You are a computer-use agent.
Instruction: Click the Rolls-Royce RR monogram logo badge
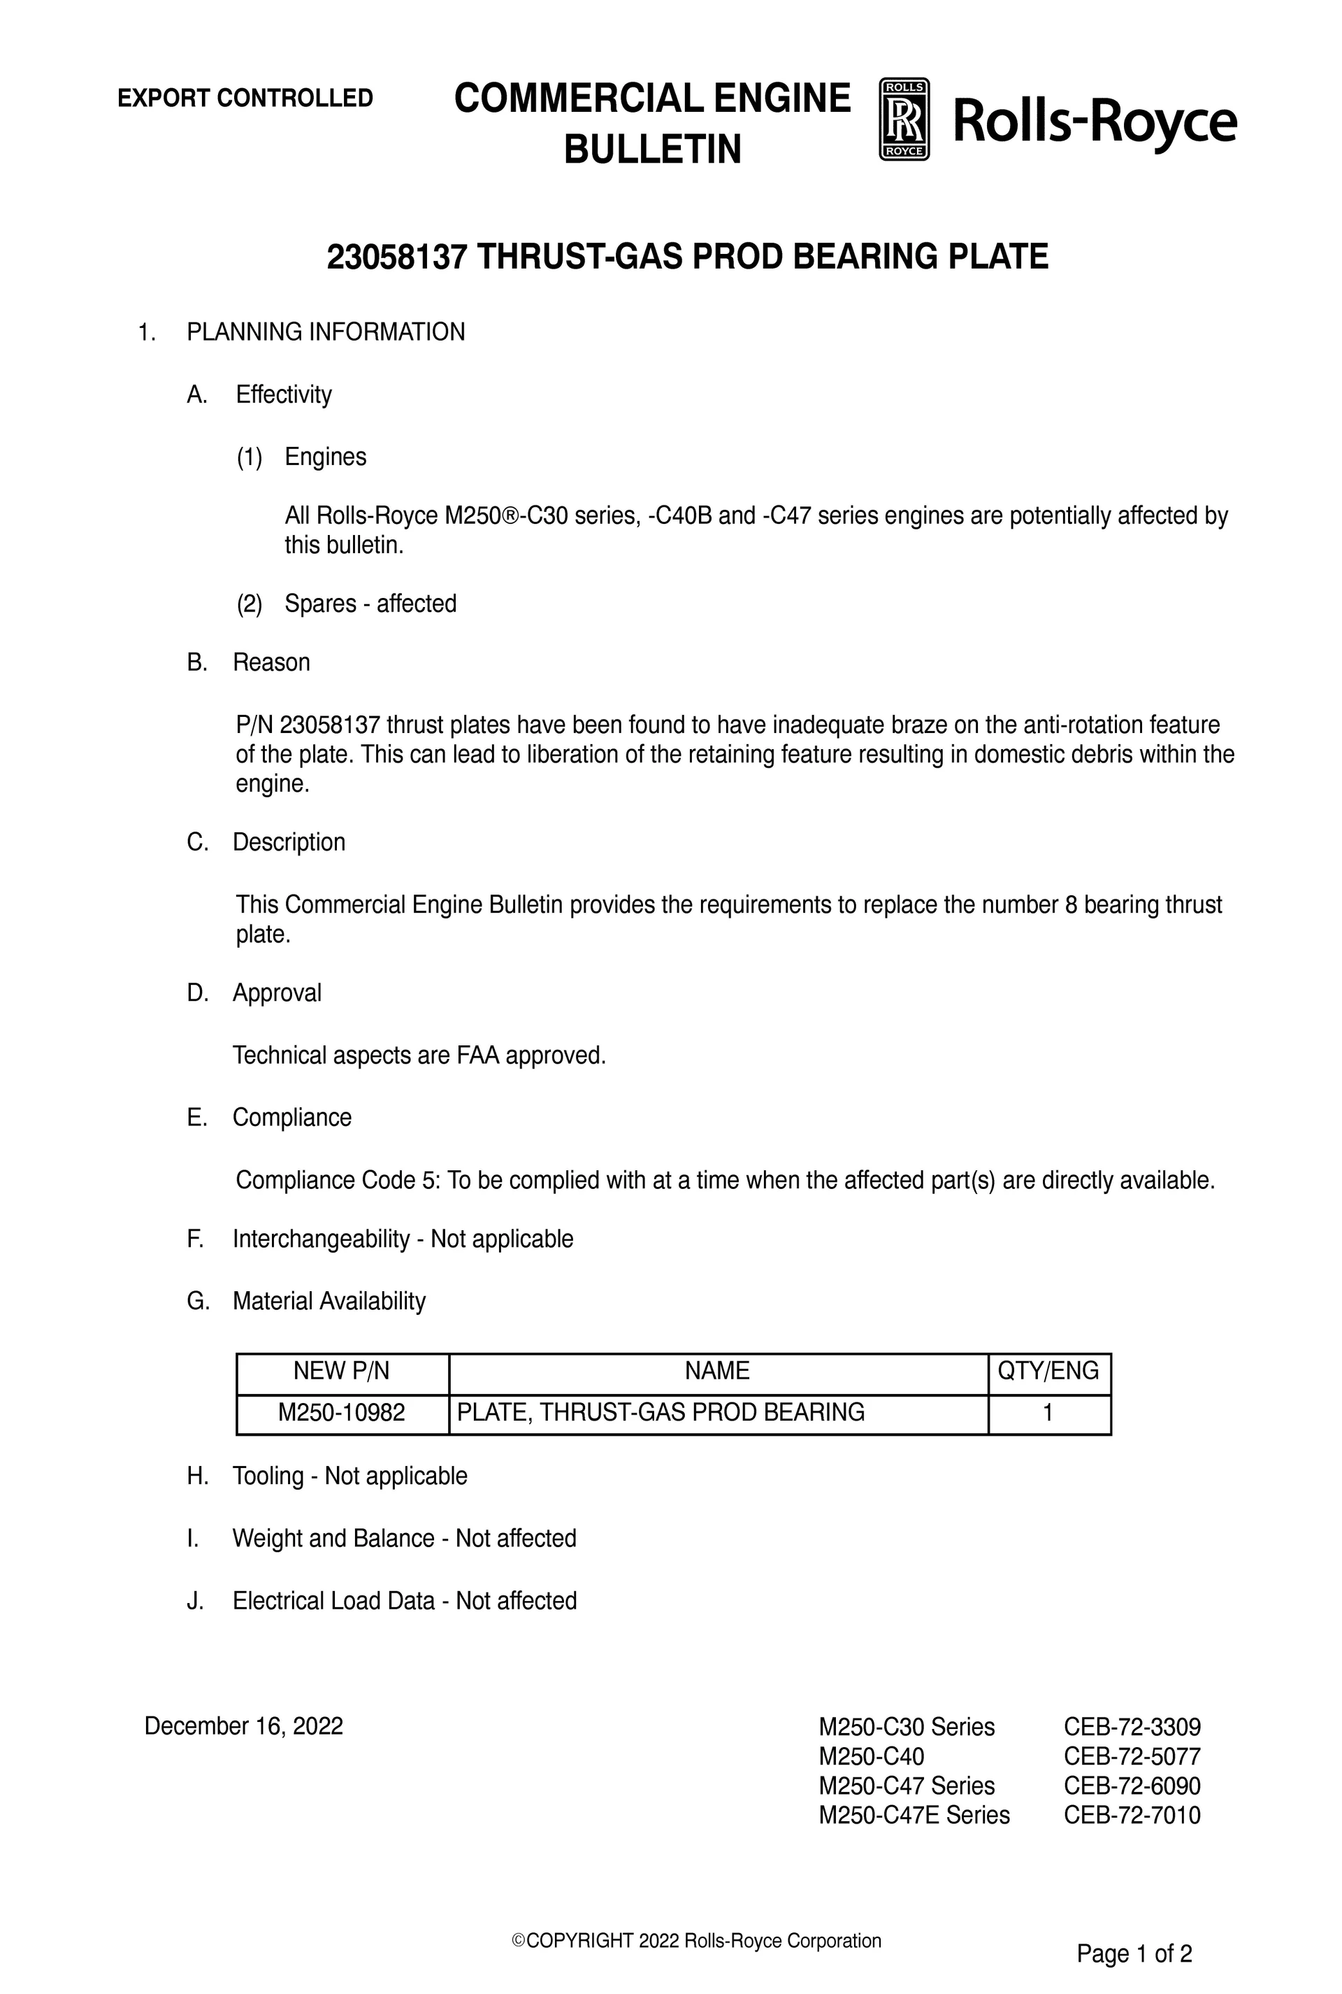point(904,120)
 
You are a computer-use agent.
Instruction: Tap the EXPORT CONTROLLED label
point(245,99)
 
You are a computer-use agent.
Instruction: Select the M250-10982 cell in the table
point(342,1412)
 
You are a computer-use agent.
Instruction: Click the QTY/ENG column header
point(1048,1371)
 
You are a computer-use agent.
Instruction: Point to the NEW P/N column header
point(342,1371)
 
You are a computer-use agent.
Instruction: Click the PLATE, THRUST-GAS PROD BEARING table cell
point(661,1412)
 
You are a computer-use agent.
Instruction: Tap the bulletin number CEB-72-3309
point(1132,1727)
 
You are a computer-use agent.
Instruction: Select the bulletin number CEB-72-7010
point(1132,1815)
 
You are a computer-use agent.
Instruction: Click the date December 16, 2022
point(244,1726)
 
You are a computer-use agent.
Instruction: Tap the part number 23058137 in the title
point(397,257)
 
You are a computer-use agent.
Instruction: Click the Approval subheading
point(277,993)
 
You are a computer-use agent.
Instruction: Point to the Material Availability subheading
point(329,1302)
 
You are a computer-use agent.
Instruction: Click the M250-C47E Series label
point(914,1815)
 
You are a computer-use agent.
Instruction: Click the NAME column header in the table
point(717,1371)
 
